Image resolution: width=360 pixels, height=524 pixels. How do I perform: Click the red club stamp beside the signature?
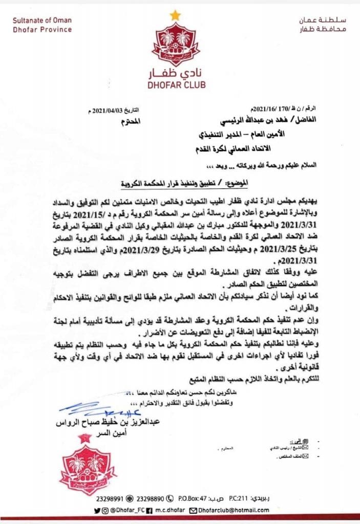point(84,466)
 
